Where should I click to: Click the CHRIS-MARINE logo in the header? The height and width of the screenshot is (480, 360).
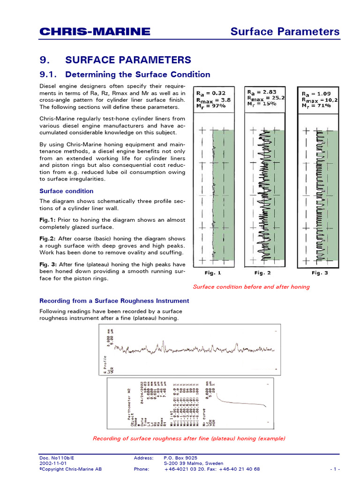click(x=95, y=31)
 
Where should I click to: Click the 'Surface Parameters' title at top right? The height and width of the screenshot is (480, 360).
click(x=285, y=31)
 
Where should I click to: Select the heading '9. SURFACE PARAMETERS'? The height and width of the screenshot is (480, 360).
click(x=115, y=60)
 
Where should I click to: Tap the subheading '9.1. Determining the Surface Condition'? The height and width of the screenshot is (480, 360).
click(x=125, y=75)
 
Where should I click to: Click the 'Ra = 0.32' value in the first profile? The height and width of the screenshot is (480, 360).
click(x=210, y=93)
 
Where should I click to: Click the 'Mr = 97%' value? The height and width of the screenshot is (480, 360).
click(x=210, y=106)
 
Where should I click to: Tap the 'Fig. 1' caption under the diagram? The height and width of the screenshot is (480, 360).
click(x=213, y=273)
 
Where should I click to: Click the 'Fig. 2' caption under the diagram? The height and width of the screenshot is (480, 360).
click(x=262, y=273)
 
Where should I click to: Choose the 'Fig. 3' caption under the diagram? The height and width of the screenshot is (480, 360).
click(x=320, y=273)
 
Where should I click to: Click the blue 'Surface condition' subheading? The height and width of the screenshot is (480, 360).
click(x=66, y=191)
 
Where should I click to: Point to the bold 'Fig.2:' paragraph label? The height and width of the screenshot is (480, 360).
click(x=47, y=239)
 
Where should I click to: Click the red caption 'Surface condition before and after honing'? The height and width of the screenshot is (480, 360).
click(x=251, y=287)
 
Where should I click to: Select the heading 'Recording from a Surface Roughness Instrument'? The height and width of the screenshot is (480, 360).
click(x=114, y=301)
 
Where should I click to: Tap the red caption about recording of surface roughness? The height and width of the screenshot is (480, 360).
click(x=189, y=438)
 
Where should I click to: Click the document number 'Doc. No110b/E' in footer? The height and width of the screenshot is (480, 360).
click(x=57, y=457)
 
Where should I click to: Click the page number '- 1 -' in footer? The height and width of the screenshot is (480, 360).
click(x=334, y=469)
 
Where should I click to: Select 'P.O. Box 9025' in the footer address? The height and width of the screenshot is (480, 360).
click(x=180, y=457)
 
